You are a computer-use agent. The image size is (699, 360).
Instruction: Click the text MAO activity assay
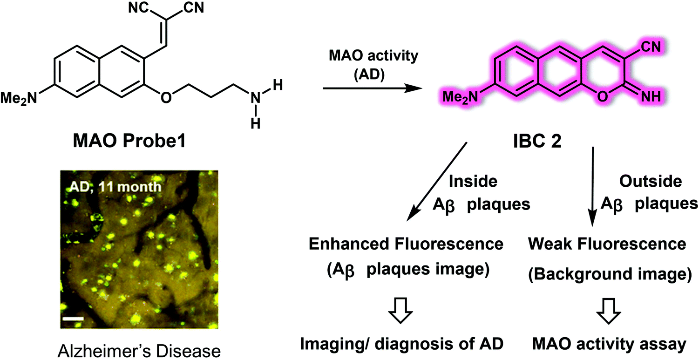click(609, 344)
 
